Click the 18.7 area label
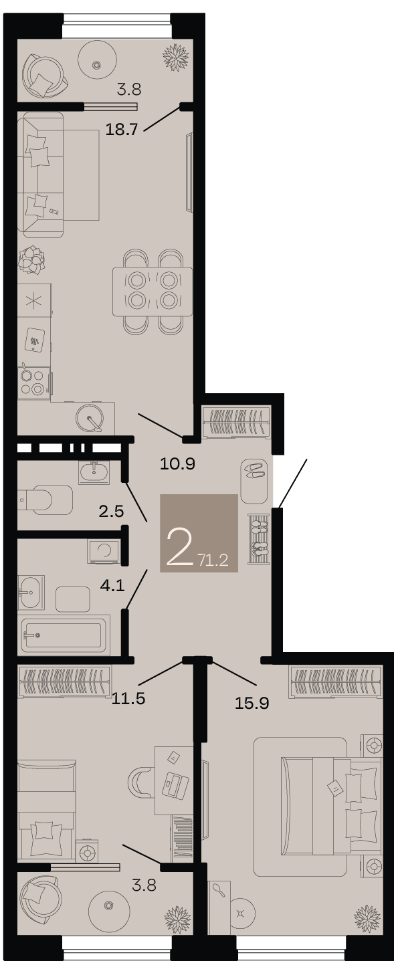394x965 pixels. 122,129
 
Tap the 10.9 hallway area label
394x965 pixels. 178,464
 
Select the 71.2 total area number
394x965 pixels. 213,560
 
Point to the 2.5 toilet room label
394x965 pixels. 111,511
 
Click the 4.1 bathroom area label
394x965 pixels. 112,585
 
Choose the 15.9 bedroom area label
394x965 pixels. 252,703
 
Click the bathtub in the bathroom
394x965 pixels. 64,635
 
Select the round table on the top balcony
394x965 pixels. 98,64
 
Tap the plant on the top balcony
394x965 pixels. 177,56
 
